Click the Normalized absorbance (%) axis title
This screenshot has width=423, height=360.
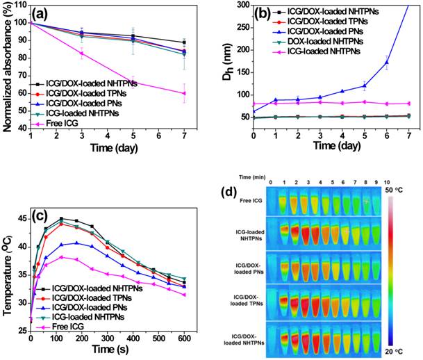[x=6, y=66]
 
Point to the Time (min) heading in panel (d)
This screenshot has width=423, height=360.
[x=245, y=177]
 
